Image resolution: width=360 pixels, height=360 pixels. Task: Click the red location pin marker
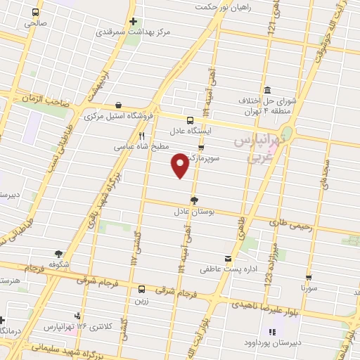[180, 165]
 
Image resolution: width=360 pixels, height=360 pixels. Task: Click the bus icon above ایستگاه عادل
[191, 120]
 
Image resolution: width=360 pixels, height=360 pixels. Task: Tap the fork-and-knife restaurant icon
[141, 136]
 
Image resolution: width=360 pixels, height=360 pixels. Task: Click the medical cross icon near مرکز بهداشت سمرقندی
[132, 21]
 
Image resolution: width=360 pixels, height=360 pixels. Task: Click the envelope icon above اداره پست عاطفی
[227, 258]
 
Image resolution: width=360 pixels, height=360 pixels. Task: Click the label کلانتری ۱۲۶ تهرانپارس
[77, 327]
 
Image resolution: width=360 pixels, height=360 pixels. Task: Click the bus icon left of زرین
[141, 288]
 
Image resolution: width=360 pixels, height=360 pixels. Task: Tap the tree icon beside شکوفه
[58, 255]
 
